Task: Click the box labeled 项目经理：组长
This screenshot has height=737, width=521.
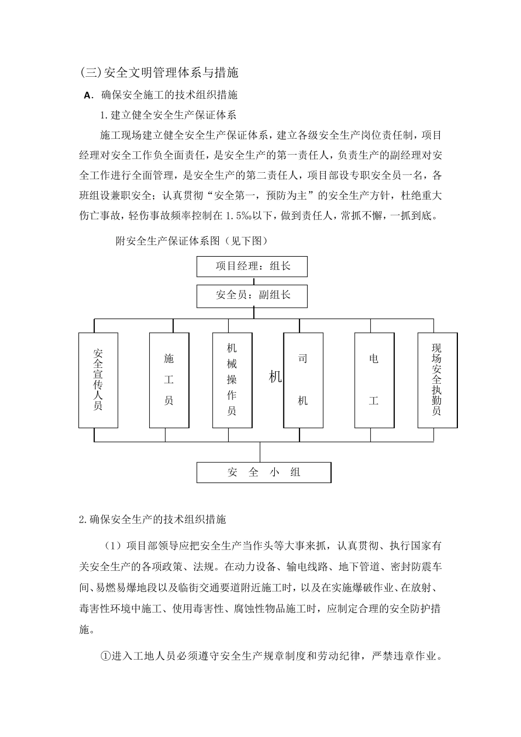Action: (252, 267)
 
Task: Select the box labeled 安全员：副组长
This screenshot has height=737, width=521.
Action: (252, 296)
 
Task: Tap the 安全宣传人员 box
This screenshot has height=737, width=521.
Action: (98, 379)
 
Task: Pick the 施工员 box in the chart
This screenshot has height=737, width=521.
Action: (169, 379)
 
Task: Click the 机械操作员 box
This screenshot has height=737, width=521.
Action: (232, 379)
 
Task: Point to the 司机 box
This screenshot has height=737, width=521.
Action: (303, 379)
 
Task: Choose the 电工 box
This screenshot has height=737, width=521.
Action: (374, 379)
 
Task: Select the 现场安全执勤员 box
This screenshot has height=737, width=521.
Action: (437, 379)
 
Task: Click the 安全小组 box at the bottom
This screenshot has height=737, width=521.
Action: (264, 472)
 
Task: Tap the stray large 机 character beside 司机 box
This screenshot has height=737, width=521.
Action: (275, 377)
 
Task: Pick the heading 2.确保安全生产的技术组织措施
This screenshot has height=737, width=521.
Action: (152, 519)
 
